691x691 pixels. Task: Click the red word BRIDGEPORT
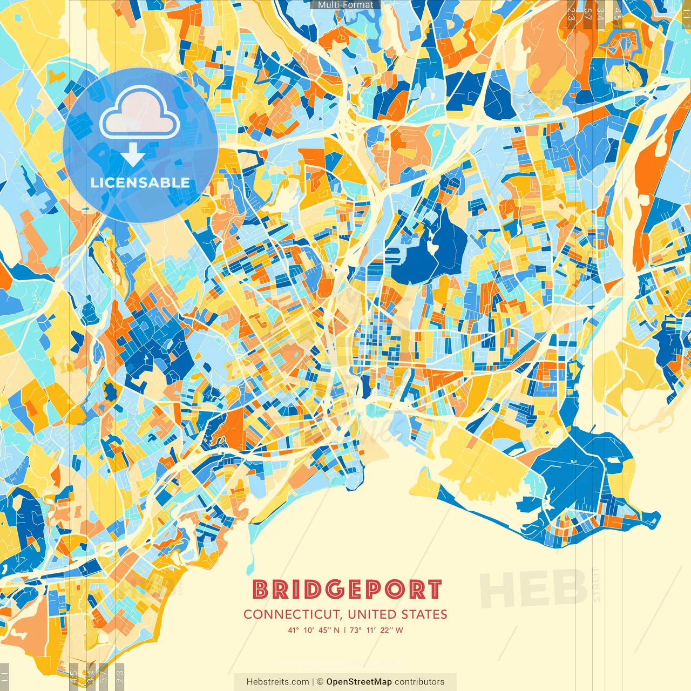point(347,590)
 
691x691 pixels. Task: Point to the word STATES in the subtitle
point(424,614)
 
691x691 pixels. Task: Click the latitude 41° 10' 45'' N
point(314,630)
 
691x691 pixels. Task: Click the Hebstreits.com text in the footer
point(277,682)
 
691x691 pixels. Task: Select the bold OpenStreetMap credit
point(358,682)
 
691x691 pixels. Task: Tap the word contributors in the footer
point(419,682)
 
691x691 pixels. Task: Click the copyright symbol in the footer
point(320,682)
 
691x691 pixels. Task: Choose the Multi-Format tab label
point(345,5)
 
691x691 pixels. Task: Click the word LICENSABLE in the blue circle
point(140,182)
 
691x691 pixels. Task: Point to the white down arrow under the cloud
point(133,155)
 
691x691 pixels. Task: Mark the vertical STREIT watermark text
point(596,585)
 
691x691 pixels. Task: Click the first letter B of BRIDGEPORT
point(261,590)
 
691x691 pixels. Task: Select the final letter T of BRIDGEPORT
point(435,590)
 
